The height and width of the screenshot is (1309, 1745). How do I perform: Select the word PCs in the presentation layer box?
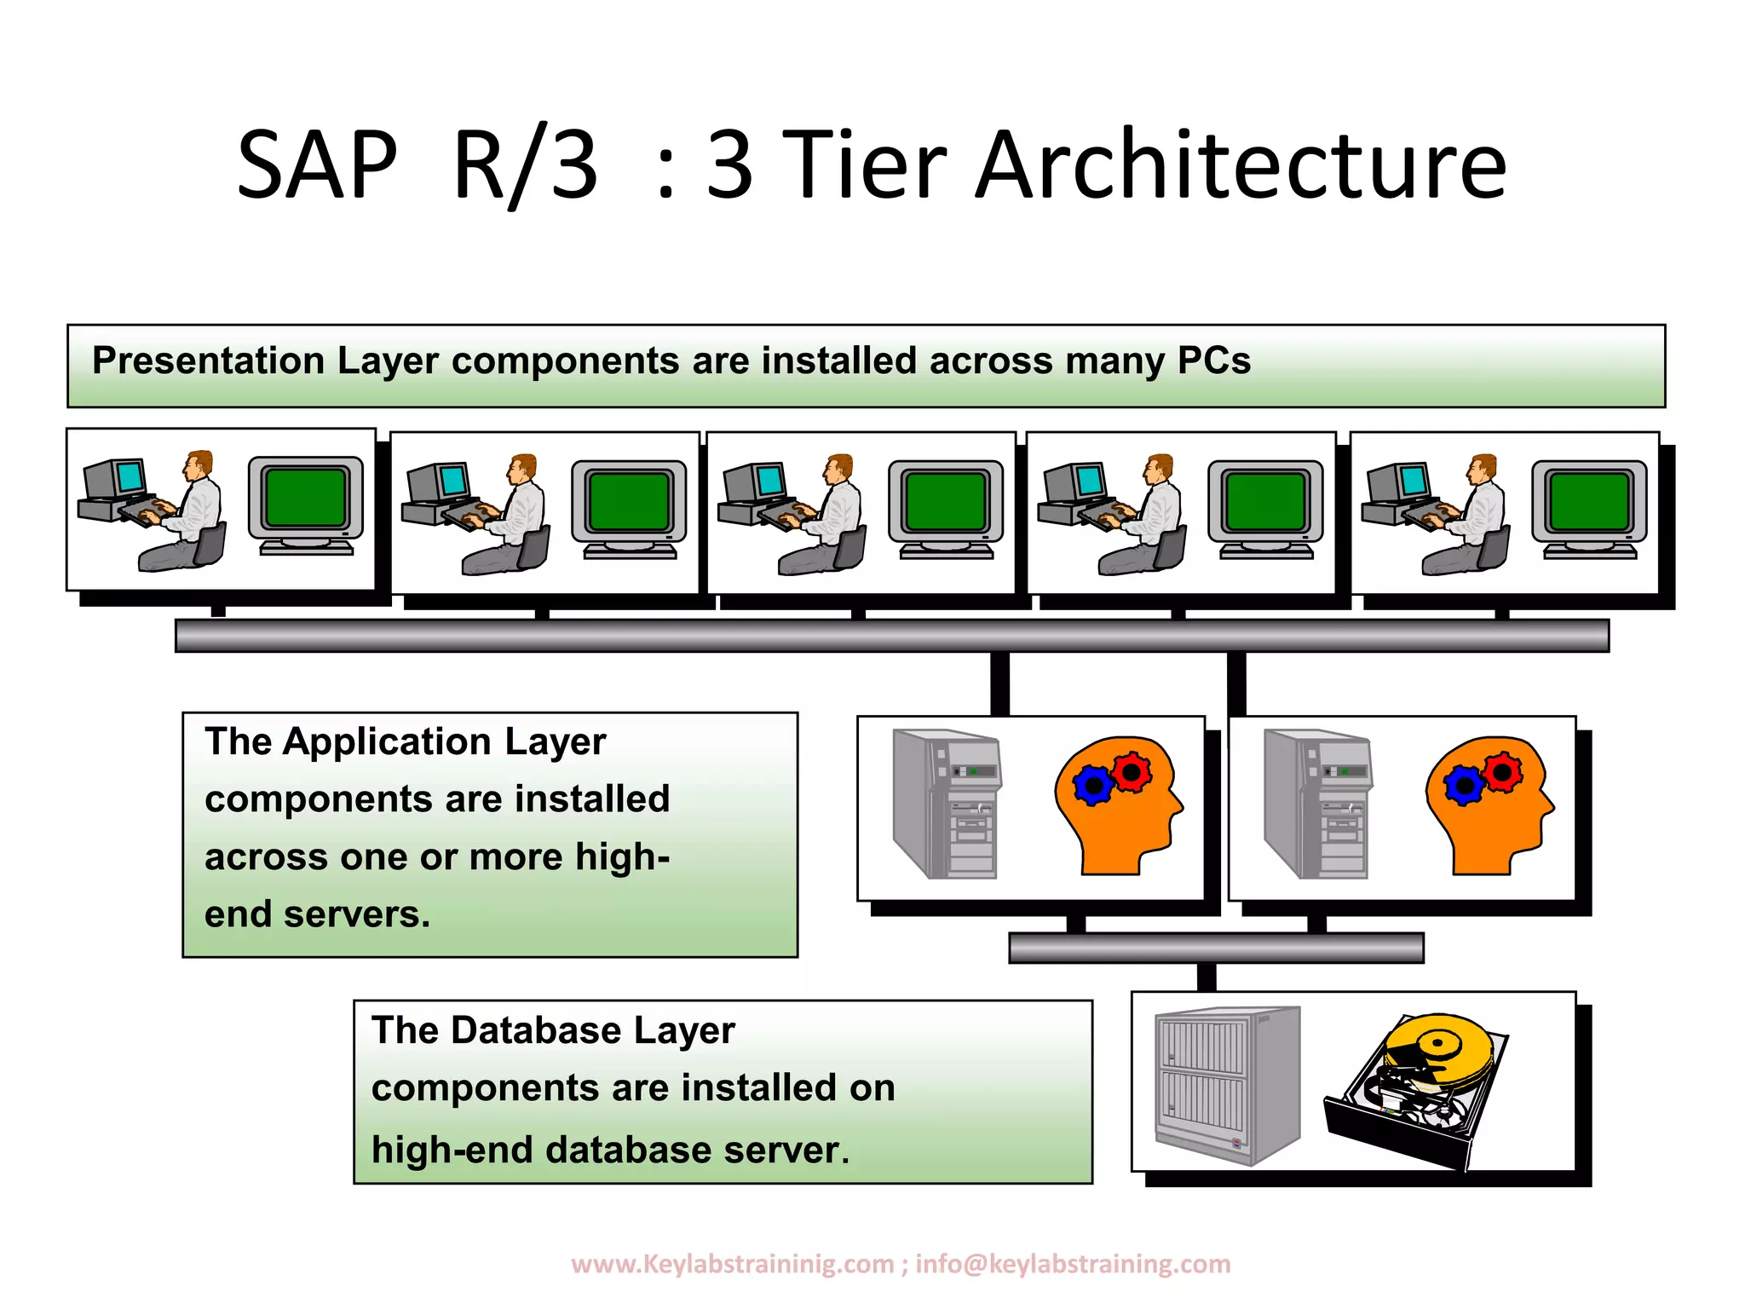(x=1213, y=360)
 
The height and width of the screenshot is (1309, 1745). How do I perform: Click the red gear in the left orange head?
(x=1132, y=772)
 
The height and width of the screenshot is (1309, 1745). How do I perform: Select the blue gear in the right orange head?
(x=1465, y=785)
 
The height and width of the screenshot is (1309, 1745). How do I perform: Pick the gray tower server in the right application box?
(x=1319, y=804)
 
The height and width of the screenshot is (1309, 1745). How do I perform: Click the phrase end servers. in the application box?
(x=317, y=914)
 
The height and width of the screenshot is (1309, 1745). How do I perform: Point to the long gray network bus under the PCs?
(x=891, y=636)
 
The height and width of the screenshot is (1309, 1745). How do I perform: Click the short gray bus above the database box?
(x=1215, y=948)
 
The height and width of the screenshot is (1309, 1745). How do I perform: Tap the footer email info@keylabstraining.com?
(x=1073, y=1263)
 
